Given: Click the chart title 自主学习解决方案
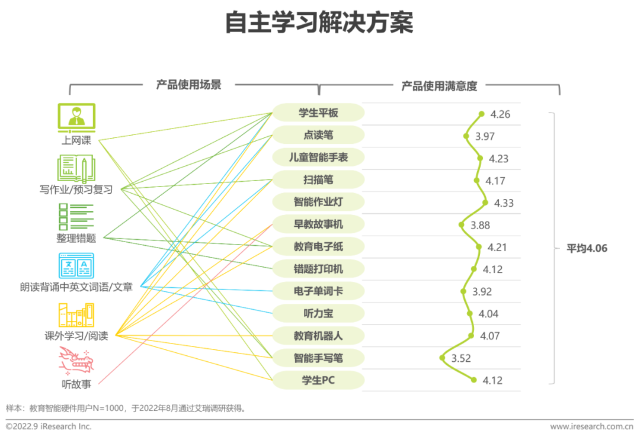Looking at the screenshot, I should click(x=319, y=24).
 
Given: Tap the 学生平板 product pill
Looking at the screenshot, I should click(x=318, y=113).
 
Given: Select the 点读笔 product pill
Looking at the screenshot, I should click(x=318, y=135).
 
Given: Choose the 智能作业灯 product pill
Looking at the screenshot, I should click(x=318, y=202).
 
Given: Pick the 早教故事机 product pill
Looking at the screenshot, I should click(x=318, y=224).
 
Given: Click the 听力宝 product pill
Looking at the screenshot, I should click(x=318, y=313).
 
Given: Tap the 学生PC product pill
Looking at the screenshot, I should click(x=318, y=380).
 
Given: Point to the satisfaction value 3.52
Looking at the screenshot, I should click(x=461, y=358).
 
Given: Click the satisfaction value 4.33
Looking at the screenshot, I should click(x=504, y=203).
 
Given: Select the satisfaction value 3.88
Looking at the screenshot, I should click(x=480, y=225).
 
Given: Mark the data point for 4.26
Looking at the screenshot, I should click(x=482, y=114).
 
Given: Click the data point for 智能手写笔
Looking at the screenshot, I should click(x=442, y=357).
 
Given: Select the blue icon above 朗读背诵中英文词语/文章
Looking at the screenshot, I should click(x=76, y=266).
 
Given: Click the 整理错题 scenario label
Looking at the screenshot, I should click(x=76, y=239).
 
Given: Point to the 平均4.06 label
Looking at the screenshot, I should click(x=587, y=249).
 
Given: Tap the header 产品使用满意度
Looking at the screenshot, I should click(x=439, y=86).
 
